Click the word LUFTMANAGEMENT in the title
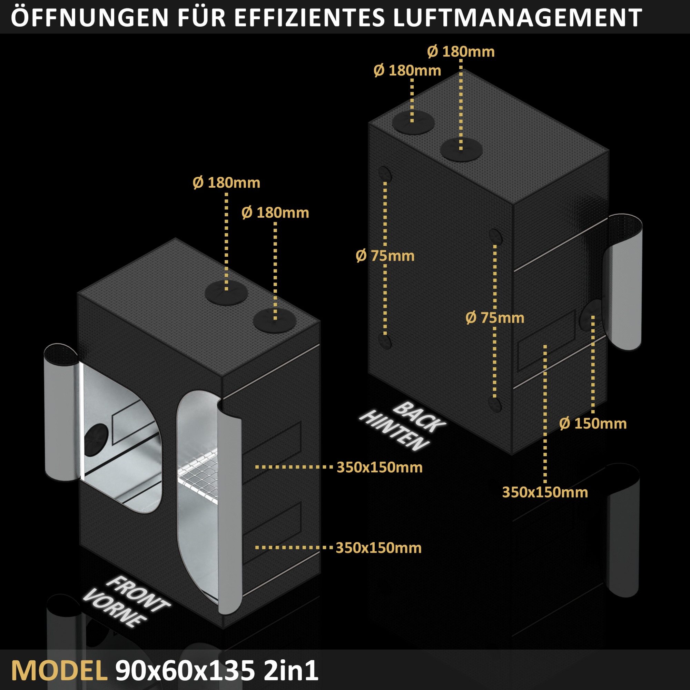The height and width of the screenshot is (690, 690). [x=517, y=17]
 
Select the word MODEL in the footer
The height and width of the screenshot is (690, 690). [x=59, y=671]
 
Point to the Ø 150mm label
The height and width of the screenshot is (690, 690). [x=593, y=424]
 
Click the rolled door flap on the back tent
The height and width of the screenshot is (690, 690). [x=623, y=282]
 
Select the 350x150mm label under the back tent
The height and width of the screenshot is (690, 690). [x=545, y=492]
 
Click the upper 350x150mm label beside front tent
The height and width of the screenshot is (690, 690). [x=379, y=467]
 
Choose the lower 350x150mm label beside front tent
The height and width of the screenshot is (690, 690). [x=378, y=548]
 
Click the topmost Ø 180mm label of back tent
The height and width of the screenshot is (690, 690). [x=461, y=52]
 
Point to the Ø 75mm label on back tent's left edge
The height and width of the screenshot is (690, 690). [x=385, y=256]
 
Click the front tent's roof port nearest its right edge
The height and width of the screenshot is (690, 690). [x=274, y=321]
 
